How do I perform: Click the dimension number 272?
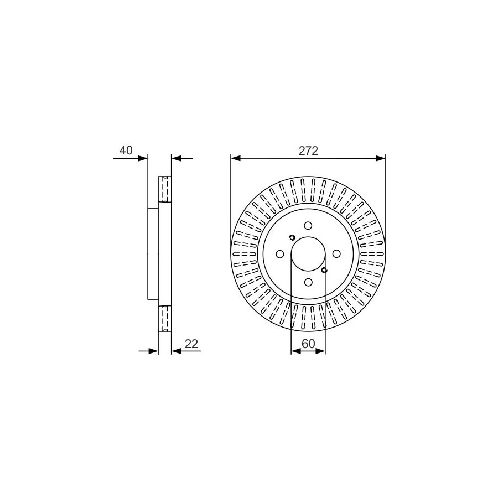click(x=308, y=151)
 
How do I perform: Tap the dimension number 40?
click(x=126, y=150)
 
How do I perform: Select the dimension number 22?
click(x=191, y=344)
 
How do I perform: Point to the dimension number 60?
click(x=308, y=344)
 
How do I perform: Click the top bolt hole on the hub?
click(x=308, y=226)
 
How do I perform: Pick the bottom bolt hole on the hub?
click(x=308, y=282)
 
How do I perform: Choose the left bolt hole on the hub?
click(x=280, y=254)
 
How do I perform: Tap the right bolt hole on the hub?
click(x=336, y=254)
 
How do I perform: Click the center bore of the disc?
click(x=308, y=254)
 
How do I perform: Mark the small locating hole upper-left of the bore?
click(x=292, y=237)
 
